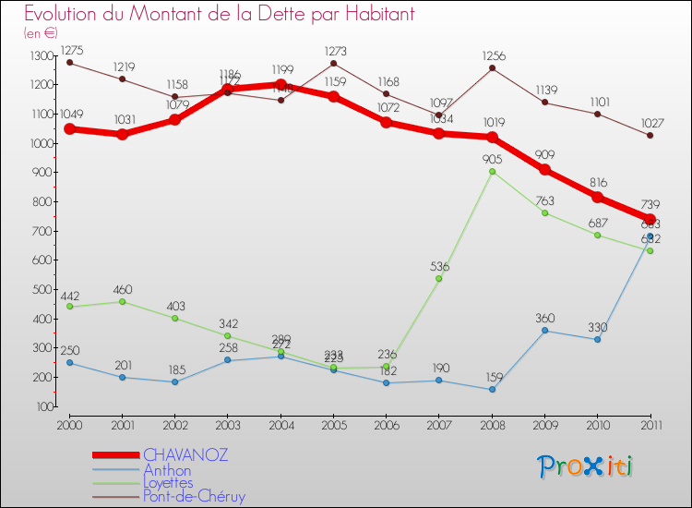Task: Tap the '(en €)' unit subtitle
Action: coord(42,33)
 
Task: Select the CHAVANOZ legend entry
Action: coord(185,455)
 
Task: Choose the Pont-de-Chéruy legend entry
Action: coord(194,496)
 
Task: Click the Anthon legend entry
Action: coord(167,469)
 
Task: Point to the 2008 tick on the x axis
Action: coord(492,425)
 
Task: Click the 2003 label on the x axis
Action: coord(227,425)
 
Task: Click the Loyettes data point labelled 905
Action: coord(492,172)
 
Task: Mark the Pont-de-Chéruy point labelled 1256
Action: coord(492,68)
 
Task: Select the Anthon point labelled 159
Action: coord(492,389)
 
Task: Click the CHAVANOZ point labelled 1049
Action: coord(70,129)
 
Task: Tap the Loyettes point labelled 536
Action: coord(438,278)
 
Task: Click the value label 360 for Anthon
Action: coord(544,319)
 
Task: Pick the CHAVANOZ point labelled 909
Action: coord(545,170)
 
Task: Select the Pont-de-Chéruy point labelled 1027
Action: coord(650,136)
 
